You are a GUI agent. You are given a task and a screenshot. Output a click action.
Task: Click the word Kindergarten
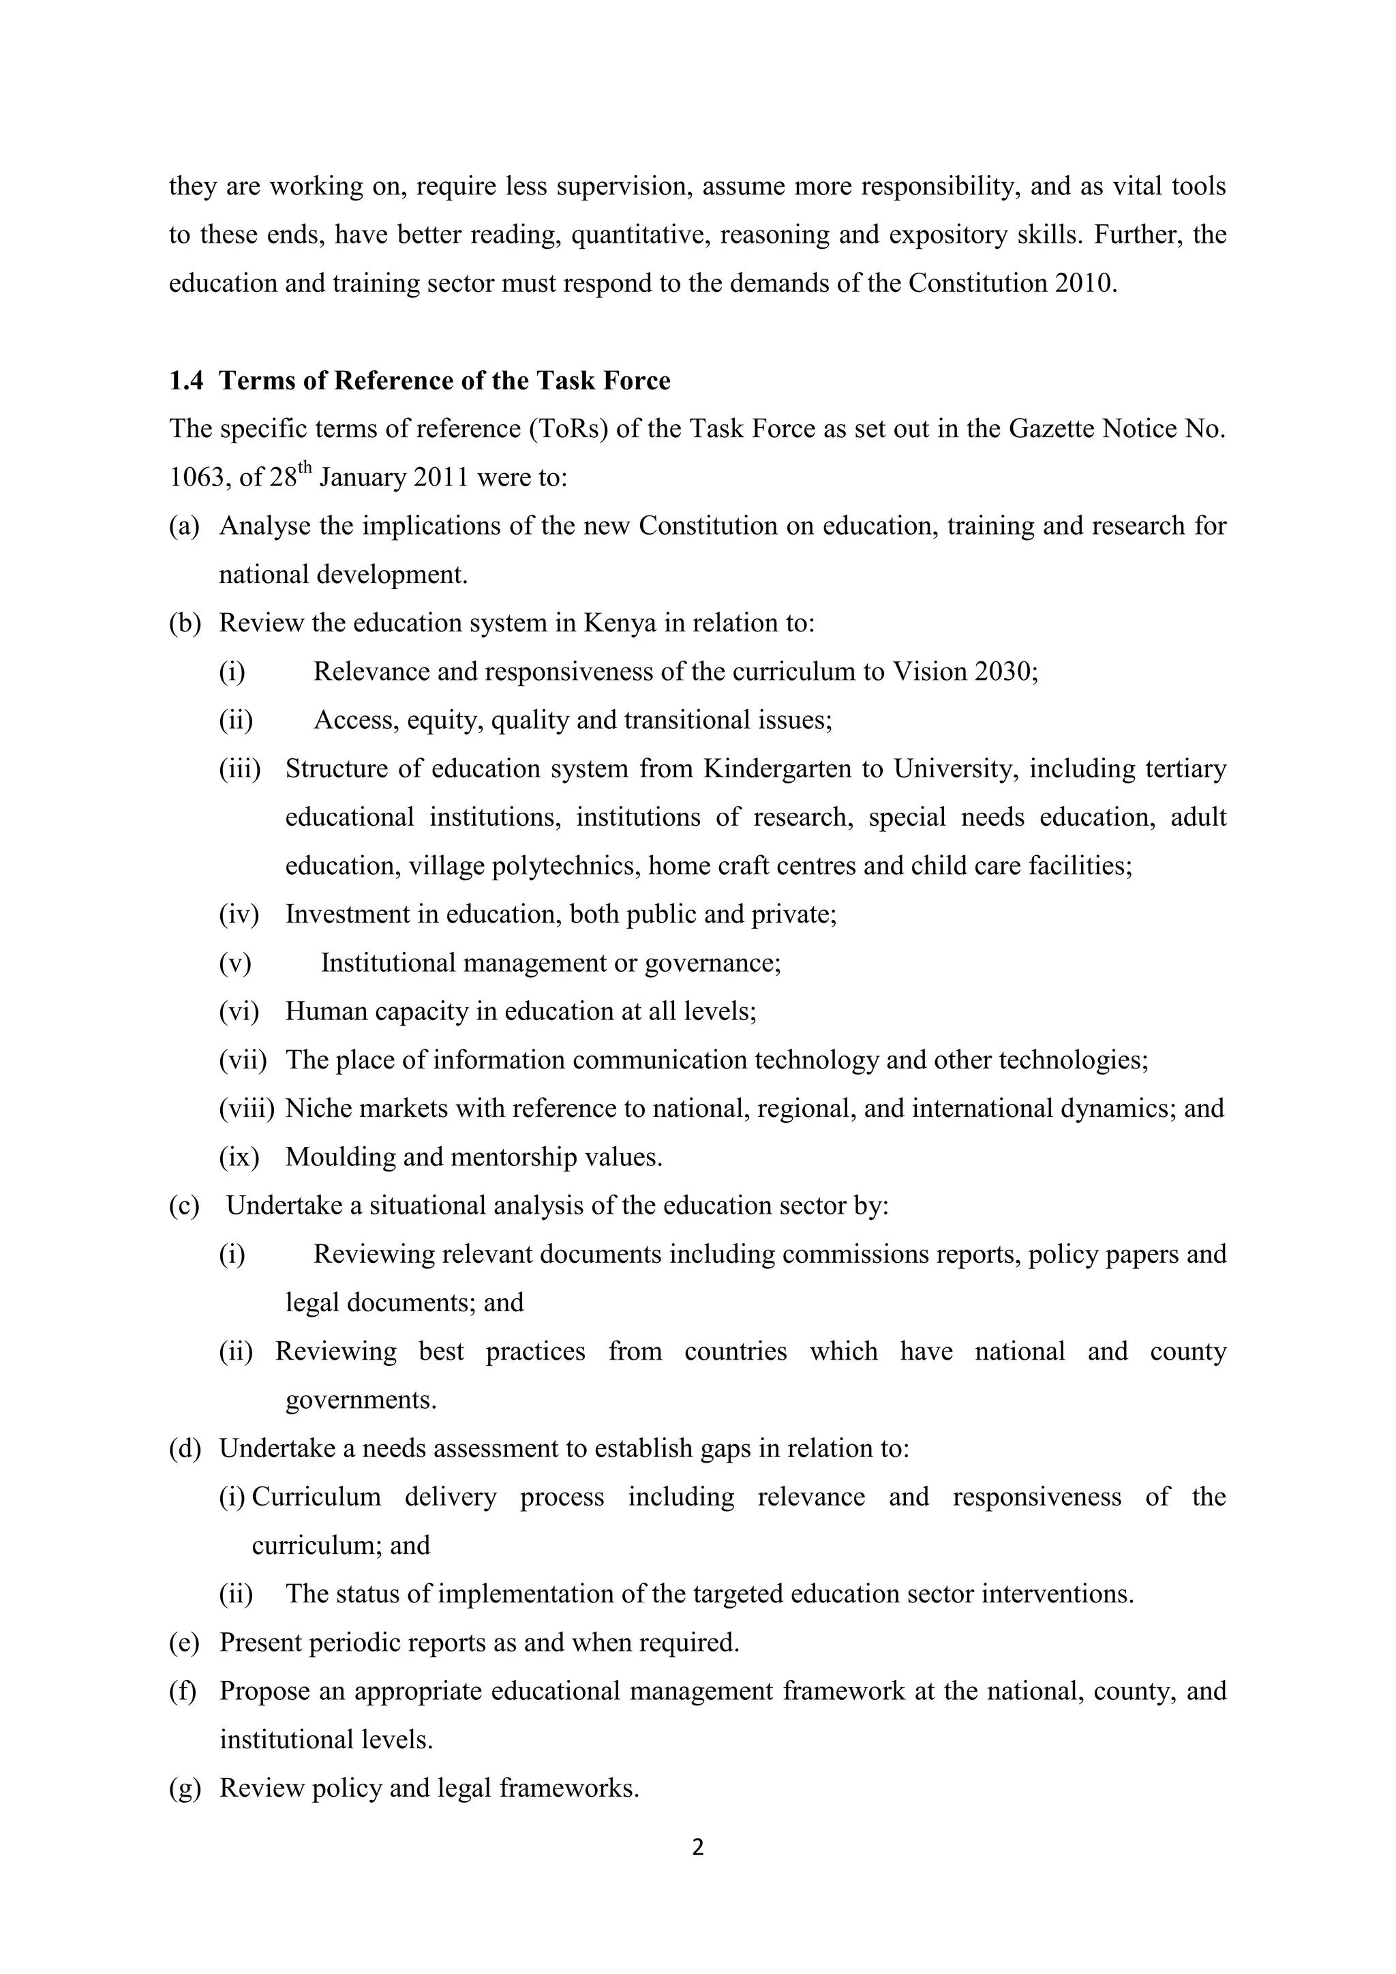(777, 768)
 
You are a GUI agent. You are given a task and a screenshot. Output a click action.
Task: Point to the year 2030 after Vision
(1005, 672)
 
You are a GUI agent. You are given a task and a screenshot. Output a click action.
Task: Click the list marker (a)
(184, 526)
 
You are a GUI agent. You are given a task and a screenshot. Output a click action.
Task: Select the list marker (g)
(184, 1789)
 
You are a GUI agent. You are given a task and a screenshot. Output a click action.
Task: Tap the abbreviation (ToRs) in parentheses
(568, 429)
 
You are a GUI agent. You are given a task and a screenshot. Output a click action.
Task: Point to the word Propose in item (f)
(264, 1691)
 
